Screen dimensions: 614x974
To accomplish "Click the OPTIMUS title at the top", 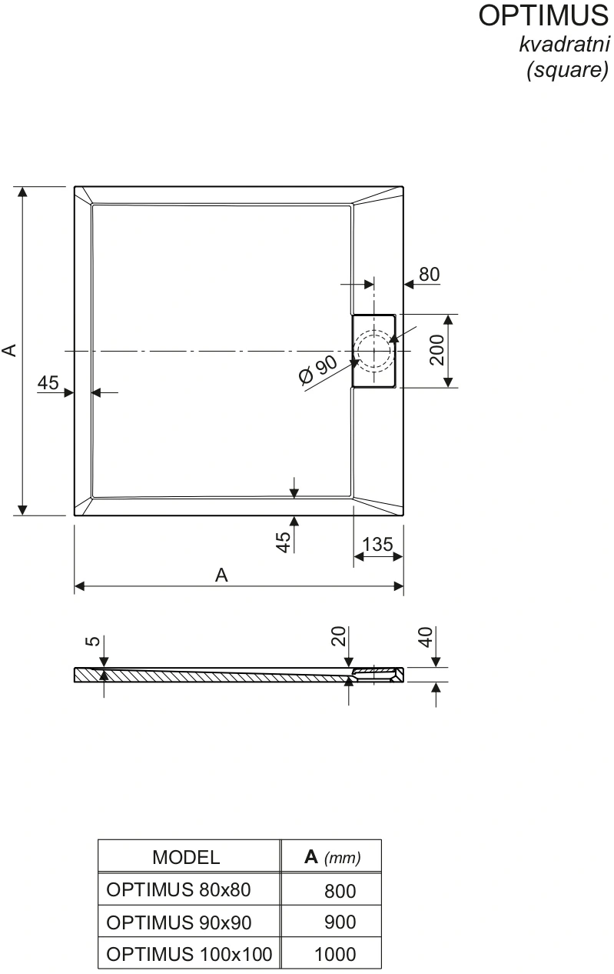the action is coord(543,15).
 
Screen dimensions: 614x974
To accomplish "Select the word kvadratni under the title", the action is coord(564,45).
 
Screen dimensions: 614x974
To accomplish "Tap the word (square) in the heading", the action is coord(568,70).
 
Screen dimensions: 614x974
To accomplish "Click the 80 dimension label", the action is coord(429,275).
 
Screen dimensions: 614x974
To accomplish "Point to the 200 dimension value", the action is coord(437,350).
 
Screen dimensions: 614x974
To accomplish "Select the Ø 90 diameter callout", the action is coord(318,370).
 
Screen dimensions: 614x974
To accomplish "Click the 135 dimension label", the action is coord(377,545).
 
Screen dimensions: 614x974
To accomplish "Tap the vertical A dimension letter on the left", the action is coord(9,351).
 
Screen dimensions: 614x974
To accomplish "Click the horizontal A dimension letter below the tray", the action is coord(221,575).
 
